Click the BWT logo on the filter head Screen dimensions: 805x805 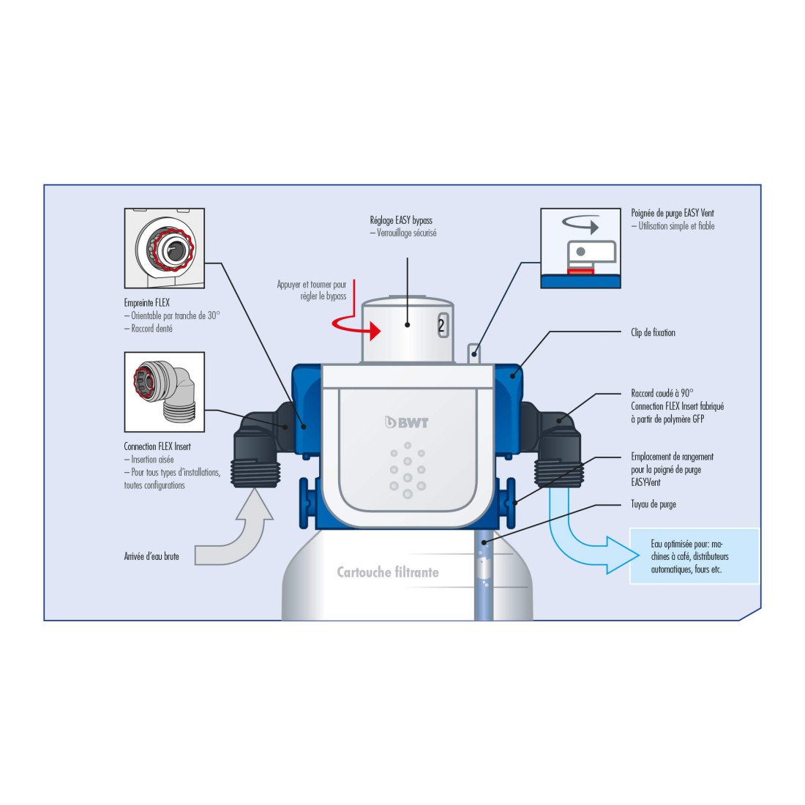407,422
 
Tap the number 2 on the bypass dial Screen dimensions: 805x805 441,326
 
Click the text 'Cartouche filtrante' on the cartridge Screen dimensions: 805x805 388,572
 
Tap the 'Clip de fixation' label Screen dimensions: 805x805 653,332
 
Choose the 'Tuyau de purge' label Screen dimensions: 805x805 654,504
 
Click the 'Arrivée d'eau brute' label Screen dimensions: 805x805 151,557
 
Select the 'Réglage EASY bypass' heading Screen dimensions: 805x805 401,220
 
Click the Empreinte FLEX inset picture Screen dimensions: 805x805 164,248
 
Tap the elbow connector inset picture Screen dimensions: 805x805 164,392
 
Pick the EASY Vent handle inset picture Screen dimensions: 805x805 580,248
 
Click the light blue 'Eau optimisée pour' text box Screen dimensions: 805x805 694,556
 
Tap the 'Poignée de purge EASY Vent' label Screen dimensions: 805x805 673,213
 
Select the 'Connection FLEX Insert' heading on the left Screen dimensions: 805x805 157,446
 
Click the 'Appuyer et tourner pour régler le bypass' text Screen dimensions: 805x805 312,291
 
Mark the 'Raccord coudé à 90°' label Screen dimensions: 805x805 662,393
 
